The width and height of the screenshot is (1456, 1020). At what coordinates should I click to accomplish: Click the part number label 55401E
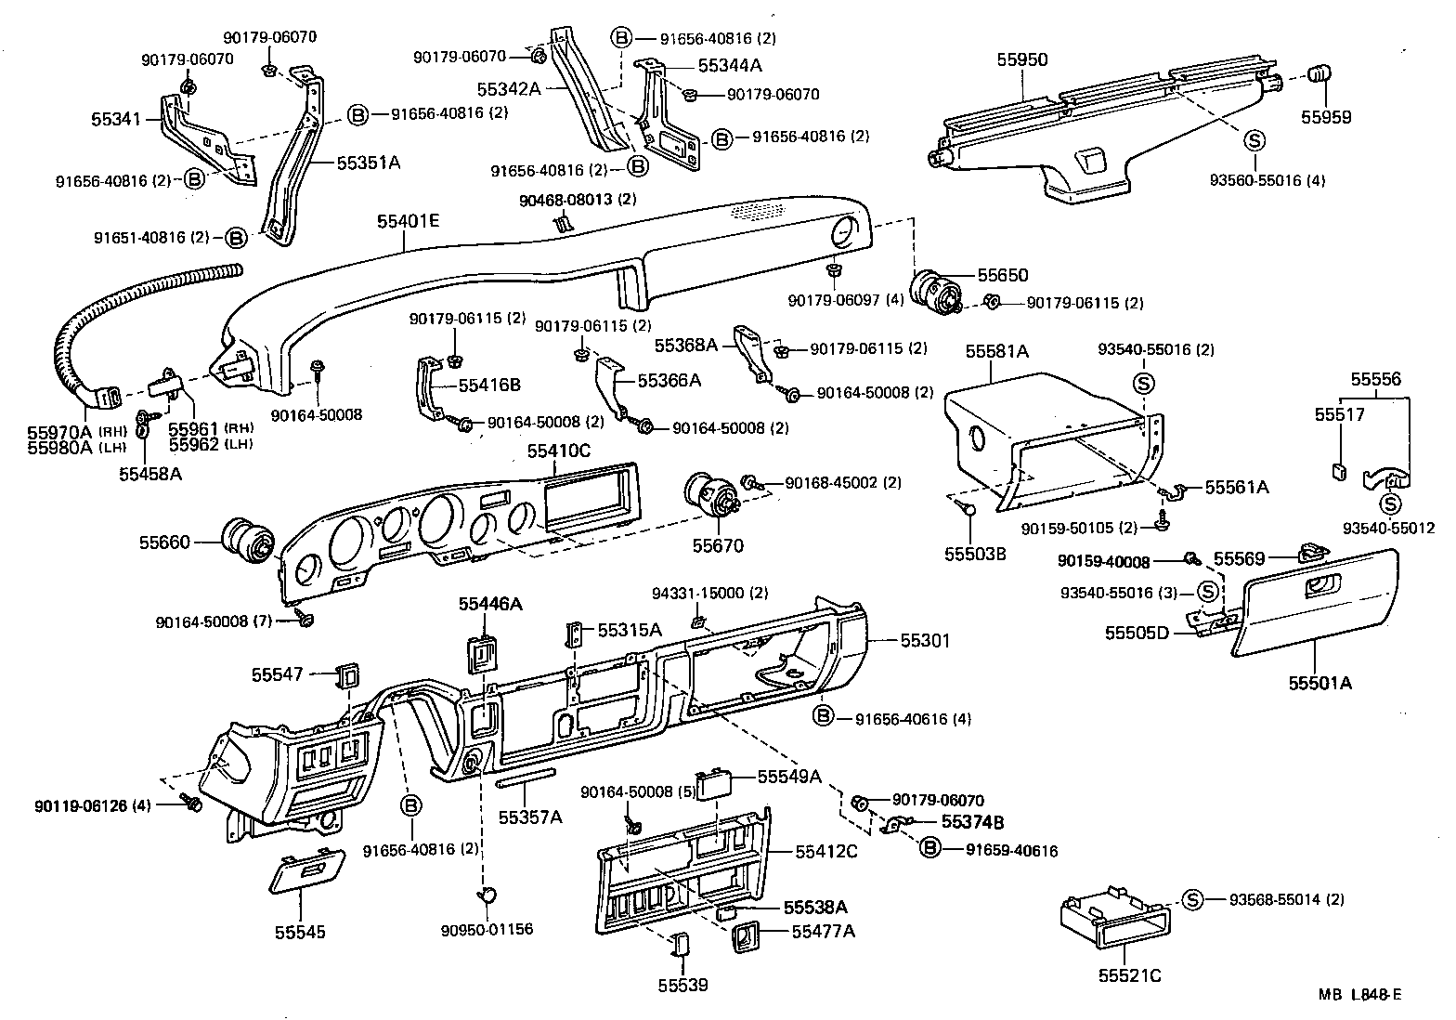[408, 222]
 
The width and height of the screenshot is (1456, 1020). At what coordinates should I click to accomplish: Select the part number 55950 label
[1021, 60]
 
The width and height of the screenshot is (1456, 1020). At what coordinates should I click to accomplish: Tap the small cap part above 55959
[1319, 74]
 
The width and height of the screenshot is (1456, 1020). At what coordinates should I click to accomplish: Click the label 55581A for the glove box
[996, 351]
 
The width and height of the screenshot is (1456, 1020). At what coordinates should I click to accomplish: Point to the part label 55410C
[559, 451]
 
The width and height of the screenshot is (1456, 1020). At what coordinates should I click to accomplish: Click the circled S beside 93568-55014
[1192, 899]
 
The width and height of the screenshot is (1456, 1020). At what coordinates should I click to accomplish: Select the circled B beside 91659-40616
[930, 848]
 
